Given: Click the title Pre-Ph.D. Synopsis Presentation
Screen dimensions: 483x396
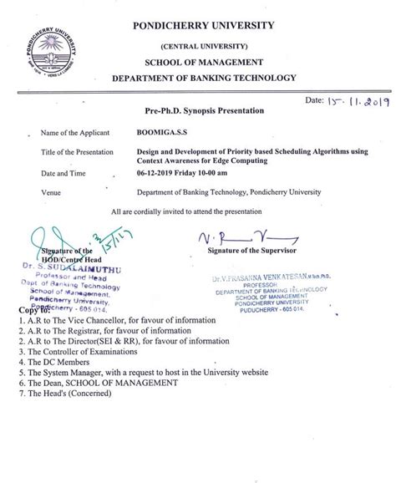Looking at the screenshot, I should pyautogui.click(x=192, y=111).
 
